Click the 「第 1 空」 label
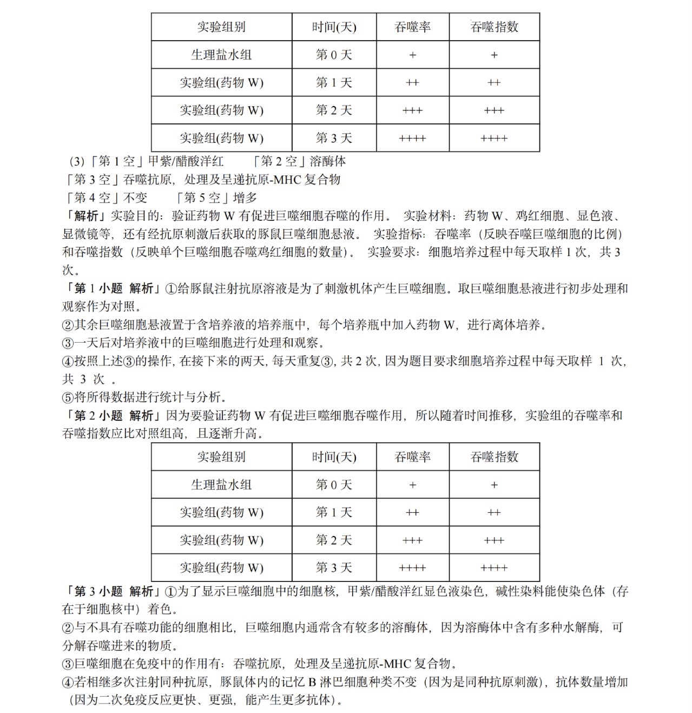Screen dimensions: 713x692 [117, 161]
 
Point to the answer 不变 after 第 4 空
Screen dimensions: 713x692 [135, 198]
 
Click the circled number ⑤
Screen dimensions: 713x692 [68, 397]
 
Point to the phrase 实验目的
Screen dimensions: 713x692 [135, 216]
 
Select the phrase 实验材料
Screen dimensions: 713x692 [427, 216]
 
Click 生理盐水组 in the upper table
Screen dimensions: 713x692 [221, 55]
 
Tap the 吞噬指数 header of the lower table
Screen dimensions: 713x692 [494, 457]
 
